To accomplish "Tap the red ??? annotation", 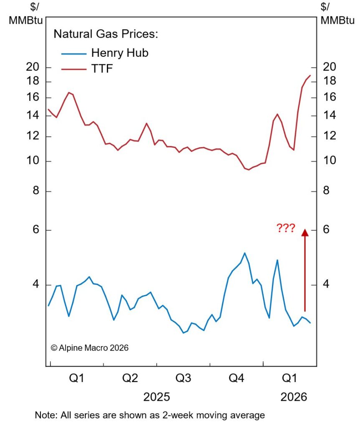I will tap(286, 228).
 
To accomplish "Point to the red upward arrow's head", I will tap(305, 232).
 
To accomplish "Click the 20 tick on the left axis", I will tap(33, 67).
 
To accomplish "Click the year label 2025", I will tap(157, 397).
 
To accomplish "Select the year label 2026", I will tap(293, 397).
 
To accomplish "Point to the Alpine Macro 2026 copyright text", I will tap(89, 348).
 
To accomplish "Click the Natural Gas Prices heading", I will tap(106, 34).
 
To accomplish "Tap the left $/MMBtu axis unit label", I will tap(25, 13).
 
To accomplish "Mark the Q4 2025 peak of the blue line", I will tap(245, 253).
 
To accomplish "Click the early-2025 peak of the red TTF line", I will tap(69, 92).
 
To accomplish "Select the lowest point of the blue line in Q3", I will tap(184, 333).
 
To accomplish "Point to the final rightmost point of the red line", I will tap(310, 76).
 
